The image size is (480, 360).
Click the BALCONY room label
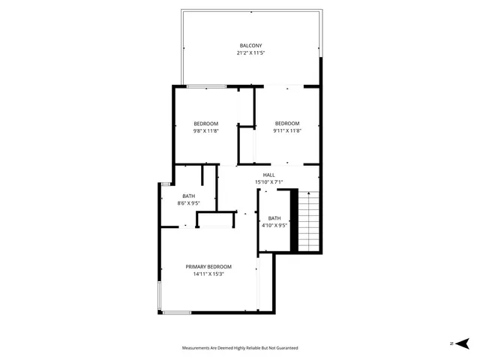(251, 46)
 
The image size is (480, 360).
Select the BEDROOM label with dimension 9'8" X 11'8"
(205, 124)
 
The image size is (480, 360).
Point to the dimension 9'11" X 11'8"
(286, 131)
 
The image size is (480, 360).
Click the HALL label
(268, 175)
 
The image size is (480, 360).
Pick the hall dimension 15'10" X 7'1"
(268, 182)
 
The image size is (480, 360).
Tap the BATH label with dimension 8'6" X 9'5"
(187, 196)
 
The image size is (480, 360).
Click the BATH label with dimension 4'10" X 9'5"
(275, 217)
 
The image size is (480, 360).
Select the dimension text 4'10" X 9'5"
(275, 225)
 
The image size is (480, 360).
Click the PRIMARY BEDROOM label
(208, 266)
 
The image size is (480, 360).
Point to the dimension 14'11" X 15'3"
(208, 274)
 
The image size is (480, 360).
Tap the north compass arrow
(463, 343)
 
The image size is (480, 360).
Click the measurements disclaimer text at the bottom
(240, 348)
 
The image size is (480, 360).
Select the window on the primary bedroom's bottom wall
(177, 312)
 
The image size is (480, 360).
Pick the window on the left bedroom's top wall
(206, 87)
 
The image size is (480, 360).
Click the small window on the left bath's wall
(164, 183)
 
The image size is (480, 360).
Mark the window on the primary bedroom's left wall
(158, 297)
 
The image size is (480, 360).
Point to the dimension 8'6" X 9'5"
(187, 203)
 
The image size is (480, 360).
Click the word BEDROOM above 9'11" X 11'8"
(286, 124)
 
